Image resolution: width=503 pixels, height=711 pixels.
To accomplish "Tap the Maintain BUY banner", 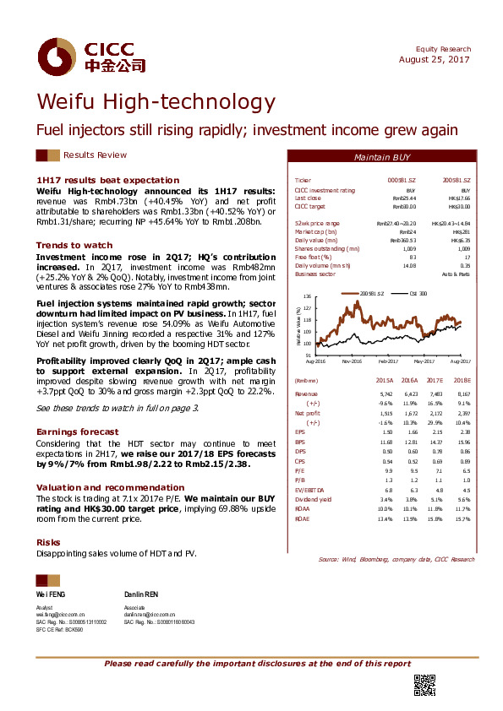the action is click(x=381, y=158).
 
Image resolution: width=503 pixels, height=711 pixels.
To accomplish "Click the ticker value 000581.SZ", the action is click(x=402, y=181).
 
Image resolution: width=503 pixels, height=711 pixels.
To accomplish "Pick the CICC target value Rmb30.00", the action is click(x=404, y=206).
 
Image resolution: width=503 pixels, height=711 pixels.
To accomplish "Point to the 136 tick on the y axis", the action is click(x=308, y=297).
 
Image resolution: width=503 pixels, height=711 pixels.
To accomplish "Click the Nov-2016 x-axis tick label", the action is click(x=353, y=360).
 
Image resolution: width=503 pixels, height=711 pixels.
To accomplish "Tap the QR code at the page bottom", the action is click(x=423, y=685).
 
